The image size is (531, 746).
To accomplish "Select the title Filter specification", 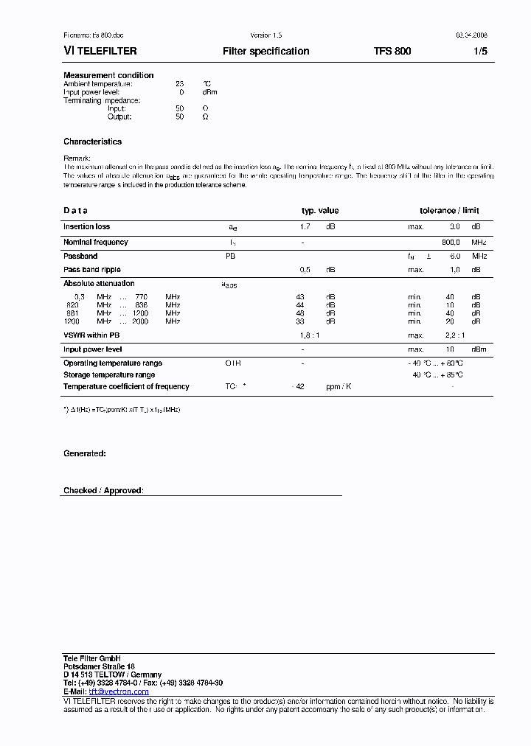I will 265,52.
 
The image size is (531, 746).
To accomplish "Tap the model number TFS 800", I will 392,52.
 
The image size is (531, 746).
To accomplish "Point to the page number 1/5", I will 480,52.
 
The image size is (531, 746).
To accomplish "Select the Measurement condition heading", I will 108,75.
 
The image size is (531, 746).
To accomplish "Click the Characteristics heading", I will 92,142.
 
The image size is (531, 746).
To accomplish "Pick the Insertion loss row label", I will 86,227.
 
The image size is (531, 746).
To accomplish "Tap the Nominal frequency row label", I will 95,242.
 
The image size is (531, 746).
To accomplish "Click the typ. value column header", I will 320,211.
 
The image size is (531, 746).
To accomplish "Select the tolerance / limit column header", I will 449,211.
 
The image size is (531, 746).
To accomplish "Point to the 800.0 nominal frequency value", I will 451,242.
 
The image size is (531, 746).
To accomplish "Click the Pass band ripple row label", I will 91,270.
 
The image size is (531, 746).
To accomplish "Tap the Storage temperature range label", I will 109,375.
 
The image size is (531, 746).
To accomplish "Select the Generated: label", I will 84,454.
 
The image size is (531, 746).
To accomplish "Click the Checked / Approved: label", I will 103,491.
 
